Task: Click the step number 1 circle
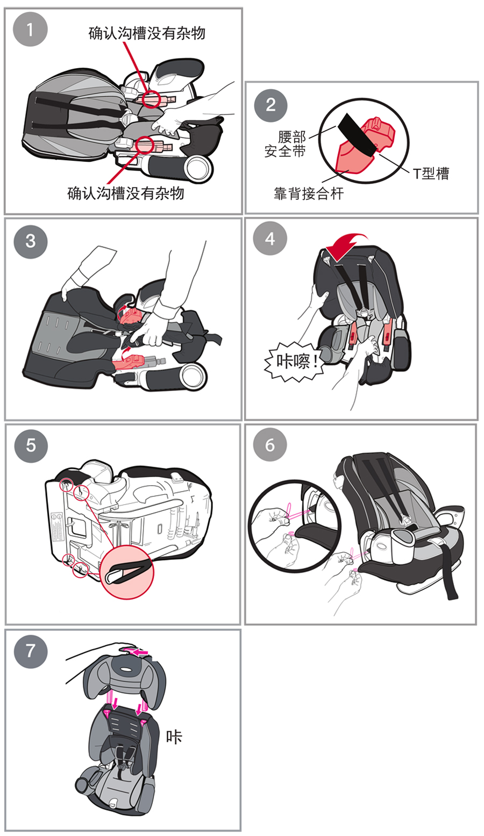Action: click(x=30, y=30)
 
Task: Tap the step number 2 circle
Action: click(x=271, y=104)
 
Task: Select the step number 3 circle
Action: click(x=30, y=241)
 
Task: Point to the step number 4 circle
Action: click(x=271, y=239)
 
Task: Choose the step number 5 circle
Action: click(x=30, y=445)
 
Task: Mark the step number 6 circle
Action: click(x=271, y=445)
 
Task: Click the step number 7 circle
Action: click(x=30, y=651)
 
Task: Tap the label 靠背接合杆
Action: click(x=308, y=194)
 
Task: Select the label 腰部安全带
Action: click(x=285, y=145)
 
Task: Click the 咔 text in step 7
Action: click(x=174, y=736)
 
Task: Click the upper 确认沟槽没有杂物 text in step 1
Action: click(x=147, y=33)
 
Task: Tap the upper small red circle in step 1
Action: click(x=152, y=98)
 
